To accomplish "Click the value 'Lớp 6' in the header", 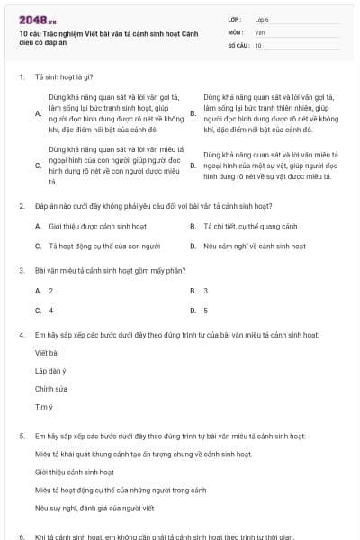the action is coord(262,19).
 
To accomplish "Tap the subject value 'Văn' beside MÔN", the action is coord(259,31).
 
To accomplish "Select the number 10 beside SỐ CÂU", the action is coord(258,44).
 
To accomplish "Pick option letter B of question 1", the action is coord(193,113).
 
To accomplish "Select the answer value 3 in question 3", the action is coord(206,291).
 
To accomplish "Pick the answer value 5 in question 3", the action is coord(206,310).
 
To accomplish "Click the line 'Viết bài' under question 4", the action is coord(47,353).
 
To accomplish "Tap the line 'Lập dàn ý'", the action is coord(50,371).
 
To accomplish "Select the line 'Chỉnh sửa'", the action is coord(51,389).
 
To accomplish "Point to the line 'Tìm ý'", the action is coord(44,407).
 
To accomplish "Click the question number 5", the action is coord(21,435).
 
